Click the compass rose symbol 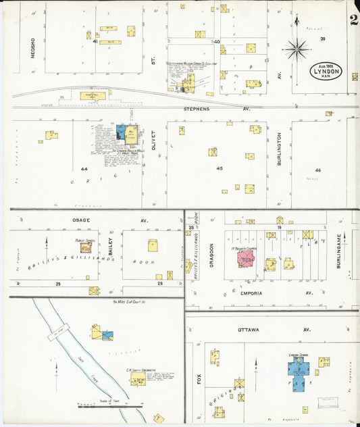tap(297, 48)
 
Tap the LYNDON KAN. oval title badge tap(328, 71)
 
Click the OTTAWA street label tap(249, 329)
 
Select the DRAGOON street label tap(210, 255)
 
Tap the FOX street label tap(199, 379)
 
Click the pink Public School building tap(86, 247)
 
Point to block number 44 tap(84, 168)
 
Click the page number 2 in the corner tap(353, 19)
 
